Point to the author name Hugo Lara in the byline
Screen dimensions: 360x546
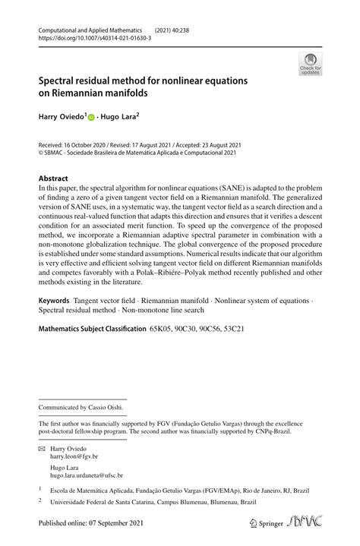click(119, 118)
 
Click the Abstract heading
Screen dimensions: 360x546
click(53, 178)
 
